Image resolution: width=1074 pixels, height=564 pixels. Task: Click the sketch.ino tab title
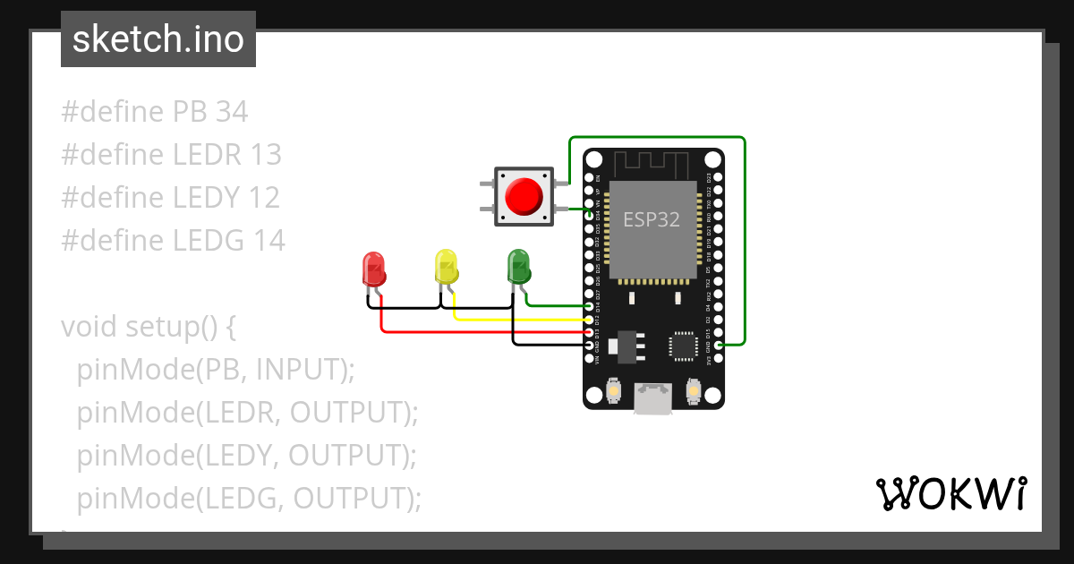click(x=158, y=39)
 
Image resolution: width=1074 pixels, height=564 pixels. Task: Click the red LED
click(x=373, y=269)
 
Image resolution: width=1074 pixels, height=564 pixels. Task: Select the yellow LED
click(x=446, y=267)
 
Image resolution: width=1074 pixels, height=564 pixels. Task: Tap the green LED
click(x=518, y=266)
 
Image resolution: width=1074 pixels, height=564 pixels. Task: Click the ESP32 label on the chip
click(x=652, y=220)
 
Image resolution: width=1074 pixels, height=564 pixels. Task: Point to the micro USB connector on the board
click(x=653, y=398)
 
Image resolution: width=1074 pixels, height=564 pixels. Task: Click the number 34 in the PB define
click(x=232, y=112)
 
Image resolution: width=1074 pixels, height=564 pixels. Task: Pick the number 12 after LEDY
click(x=264, y=198)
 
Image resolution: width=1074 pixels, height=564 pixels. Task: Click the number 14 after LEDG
click(x=268, y=241)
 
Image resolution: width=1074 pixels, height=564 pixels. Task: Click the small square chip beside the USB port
click(x=683, y=346)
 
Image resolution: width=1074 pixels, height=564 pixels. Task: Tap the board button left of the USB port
click(x=614, y=391)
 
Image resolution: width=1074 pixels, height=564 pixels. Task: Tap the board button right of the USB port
click(x=693, y=391)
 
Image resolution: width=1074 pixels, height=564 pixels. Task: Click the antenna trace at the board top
click(x=652, y=163)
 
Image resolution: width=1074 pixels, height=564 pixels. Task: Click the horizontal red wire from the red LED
click(x=483, y=332)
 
